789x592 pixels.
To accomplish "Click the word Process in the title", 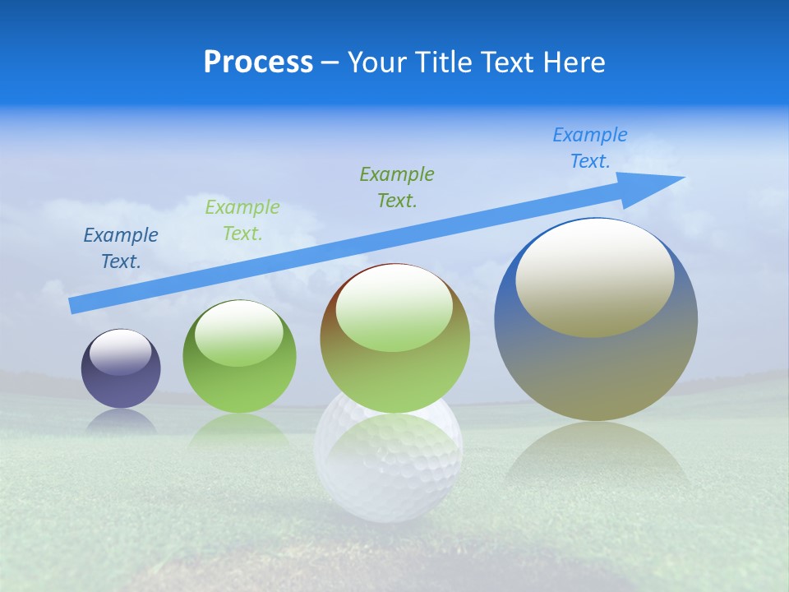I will click(x=258, y=62).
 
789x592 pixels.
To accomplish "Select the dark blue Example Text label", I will click(x=121, y=247).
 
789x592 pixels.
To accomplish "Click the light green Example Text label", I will click(x=242, y=220).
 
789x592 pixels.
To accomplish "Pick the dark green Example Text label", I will click(x=397, y=187).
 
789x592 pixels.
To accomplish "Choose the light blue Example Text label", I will click(x=590, y=147).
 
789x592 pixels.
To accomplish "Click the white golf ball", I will click(x=389, y=477).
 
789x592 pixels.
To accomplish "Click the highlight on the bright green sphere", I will click(x=239, y=334).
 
